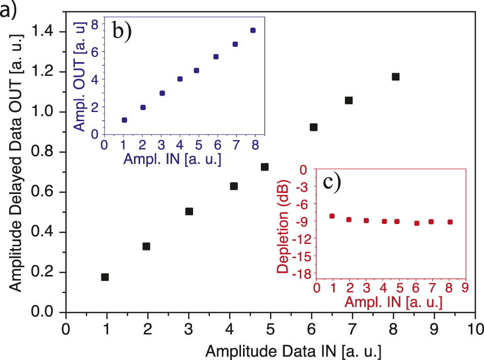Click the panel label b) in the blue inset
click(x=122, y=32)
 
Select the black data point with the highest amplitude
click(x=395, y=77)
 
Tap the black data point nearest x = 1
click(x=105, y=277)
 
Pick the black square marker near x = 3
click(x=189, y=211)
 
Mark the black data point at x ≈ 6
click(x=314, y=127)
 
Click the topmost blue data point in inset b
click(x=253, y=31)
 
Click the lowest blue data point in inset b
click(x=124, y=120)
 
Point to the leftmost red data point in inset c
click(x=332, y=216)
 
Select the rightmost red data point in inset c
click(x=450, y=222)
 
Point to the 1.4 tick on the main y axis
click(x=46, y=32)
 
